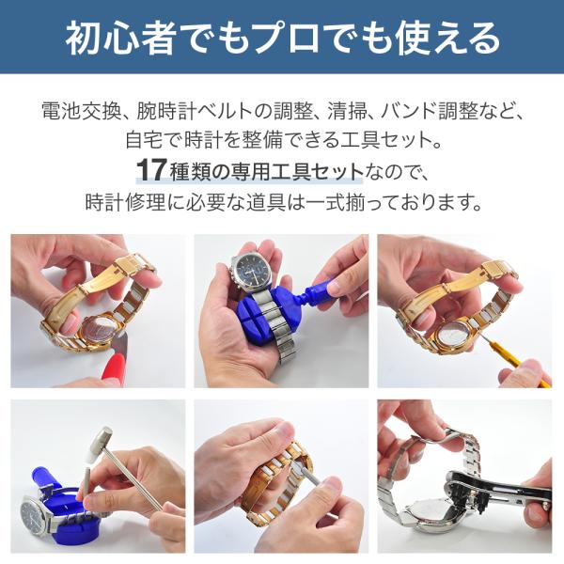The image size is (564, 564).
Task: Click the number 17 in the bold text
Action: point(151,171)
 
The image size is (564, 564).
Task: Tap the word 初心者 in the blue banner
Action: point(120,38)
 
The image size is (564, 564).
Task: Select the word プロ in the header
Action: point(290,38)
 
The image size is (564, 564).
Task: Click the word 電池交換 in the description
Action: point(81,112)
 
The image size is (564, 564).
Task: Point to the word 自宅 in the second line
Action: point(145,140)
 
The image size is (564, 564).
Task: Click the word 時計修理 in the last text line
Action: point(125,202)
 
